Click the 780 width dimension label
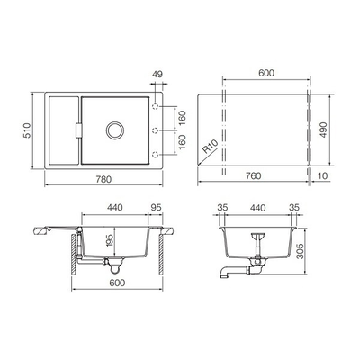click(103, 179)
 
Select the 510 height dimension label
click(27, 130)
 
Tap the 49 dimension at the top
click(157, 75)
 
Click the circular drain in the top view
click(115, 130)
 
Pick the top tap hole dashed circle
click(156, 106)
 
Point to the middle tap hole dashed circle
click(156, 130)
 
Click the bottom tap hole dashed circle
click(156, 155)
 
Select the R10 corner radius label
click(211, 147)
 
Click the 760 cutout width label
click(254, 175)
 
